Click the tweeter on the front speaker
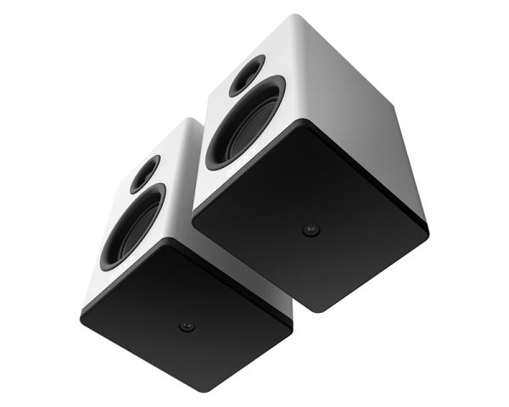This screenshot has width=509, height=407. click(x=145, y=173)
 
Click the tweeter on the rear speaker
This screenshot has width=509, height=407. click(x=247, y=75)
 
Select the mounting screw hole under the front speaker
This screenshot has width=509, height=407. click(x=187, y=326)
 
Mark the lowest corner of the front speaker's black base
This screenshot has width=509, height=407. click(x=210, y=392)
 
